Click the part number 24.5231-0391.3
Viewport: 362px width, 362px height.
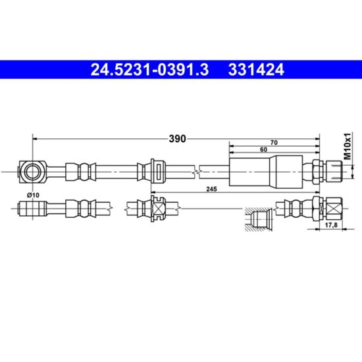click(x=149, y=70)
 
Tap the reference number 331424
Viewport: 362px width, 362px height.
click(x=256, y=70)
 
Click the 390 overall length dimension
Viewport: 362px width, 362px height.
click(x=177, y=139)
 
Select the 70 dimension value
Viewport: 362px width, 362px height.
click(x=274, y=143)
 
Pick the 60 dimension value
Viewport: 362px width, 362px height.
click(x=263, y=149)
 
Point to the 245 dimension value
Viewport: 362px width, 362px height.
click(x=211, y=189)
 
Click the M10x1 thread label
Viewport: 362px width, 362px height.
click(x=348, y=146)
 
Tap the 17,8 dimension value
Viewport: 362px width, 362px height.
click(x=331, y=225)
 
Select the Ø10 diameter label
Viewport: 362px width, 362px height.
click(x=34, y=195)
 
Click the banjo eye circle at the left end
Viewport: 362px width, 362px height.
click(x=32, y=172)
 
